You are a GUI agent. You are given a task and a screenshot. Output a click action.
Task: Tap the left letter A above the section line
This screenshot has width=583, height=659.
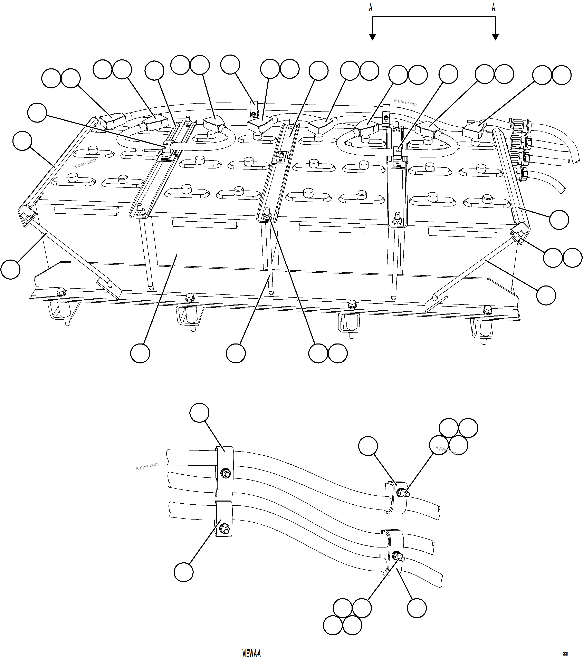tap(371, 8)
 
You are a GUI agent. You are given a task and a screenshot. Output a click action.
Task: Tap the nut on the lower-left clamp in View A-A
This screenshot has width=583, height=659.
tap(223, 529)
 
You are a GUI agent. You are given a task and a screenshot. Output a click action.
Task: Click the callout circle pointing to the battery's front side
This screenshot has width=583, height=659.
tap(140, 353)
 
